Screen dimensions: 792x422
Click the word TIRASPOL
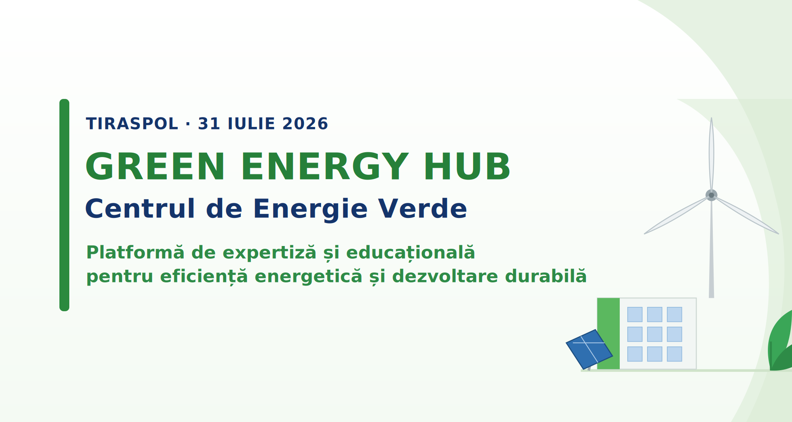132,124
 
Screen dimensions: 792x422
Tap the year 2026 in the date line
305,124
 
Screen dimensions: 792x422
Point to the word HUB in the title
467,167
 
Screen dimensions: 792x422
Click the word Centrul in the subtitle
140,208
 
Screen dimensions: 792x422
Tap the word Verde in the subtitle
423,208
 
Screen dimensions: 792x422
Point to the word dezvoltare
445,276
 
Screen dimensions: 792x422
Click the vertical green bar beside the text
64,205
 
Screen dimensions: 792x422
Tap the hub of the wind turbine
711,195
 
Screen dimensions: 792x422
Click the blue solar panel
589,349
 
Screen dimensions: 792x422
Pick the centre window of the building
655,334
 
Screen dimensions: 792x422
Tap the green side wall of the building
608,333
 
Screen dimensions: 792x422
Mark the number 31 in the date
209,124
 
